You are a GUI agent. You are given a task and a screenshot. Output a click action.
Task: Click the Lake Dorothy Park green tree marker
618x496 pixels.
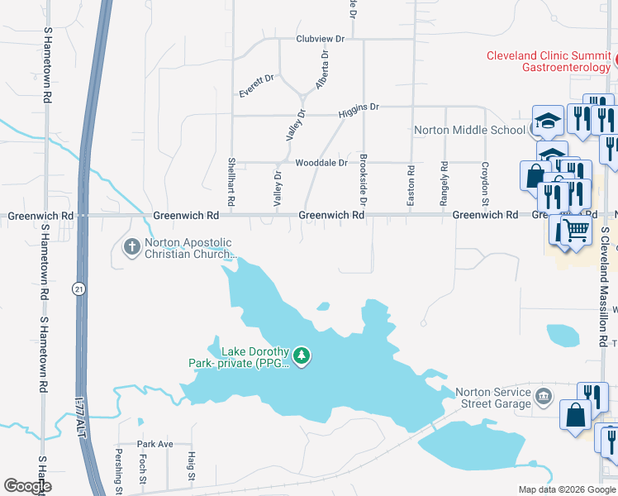click(x=302, y=356)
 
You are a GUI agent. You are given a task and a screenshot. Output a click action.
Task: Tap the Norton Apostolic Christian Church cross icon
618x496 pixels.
click(x=131, y=247)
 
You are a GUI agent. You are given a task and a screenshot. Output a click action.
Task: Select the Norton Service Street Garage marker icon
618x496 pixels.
click(x=543, y=396)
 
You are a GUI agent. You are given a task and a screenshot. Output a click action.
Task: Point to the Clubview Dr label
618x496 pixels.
click(x=321, y=39)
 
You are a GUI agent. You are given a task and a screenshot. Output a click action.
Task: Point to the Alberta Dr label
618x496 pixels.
click(x=321, y=71)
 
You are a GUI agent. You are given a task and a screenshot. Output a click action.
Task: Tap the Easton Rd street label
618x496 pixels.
click(x=411, y=181)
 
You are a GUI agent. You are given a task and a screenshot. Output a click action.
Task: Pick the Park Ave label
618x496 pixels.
click(x=155, y=444)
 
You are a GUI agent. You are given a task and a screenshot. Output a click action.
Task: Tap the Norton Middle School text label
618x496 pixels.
click(x=469, y=130)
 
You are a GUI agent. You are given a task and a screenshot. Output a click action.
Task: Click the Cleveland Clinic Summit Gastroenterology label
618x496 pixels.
click(x=548, y=61)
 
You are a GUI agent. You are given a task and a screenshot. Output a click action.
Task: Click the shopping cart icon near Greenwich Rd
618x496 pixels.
click(x=577, y=227)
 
